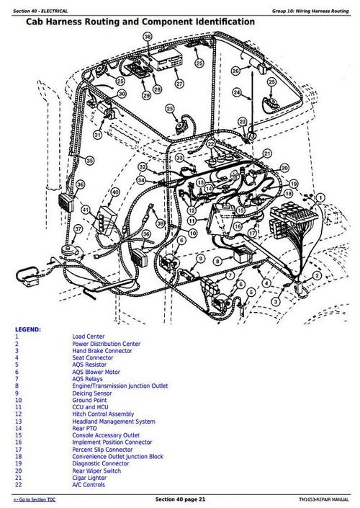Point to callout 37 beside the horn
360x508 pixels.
pos(78,228)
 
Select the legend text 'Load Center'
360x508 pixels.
pos(86,337)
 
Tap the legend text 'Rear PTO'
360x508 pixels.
pos(84,428)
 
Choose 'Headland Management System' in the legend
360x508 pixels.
pos(113,421)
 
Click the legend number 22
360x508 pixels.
pos(17,485)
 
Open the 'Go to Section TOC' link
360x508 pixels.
pos(36,499)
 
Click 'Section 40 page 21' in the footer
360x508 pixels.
pos(180,499)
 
